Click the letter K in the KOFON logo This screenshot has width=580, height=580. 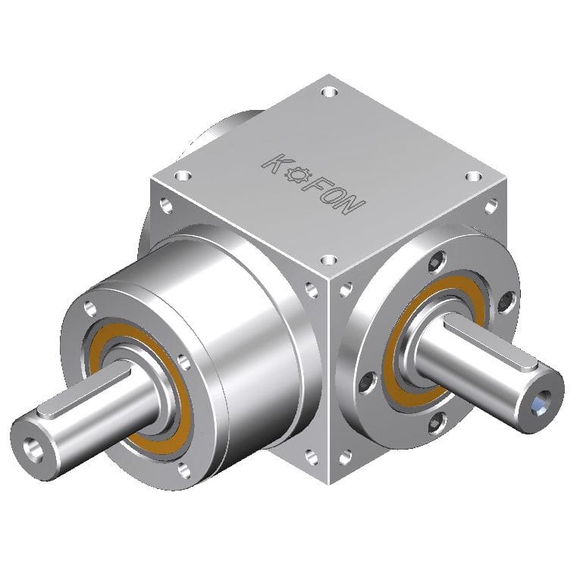[x=274, y=161]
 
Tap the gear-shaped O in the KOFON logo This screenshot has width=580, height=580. [x=296, y=174]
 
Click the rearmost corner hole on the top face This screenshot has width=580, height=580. [x=328, y=92]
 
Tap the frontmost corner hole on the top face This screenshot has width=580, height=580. [x=328, y=260]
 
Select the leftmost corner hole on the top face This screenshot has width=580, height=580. [x=180, y=175]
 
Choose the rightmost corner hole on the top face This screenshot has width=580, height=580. [x=473, y=176]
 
